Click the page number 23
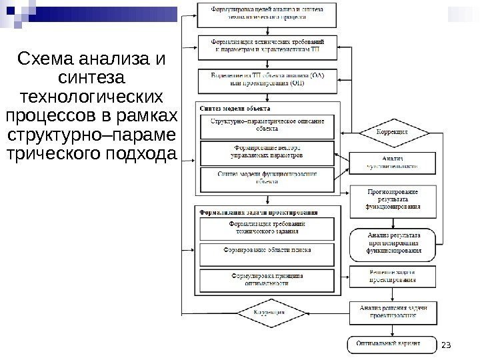[x=447, y=344]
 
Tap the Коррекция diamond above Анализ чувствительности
[x=392, y=132]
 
